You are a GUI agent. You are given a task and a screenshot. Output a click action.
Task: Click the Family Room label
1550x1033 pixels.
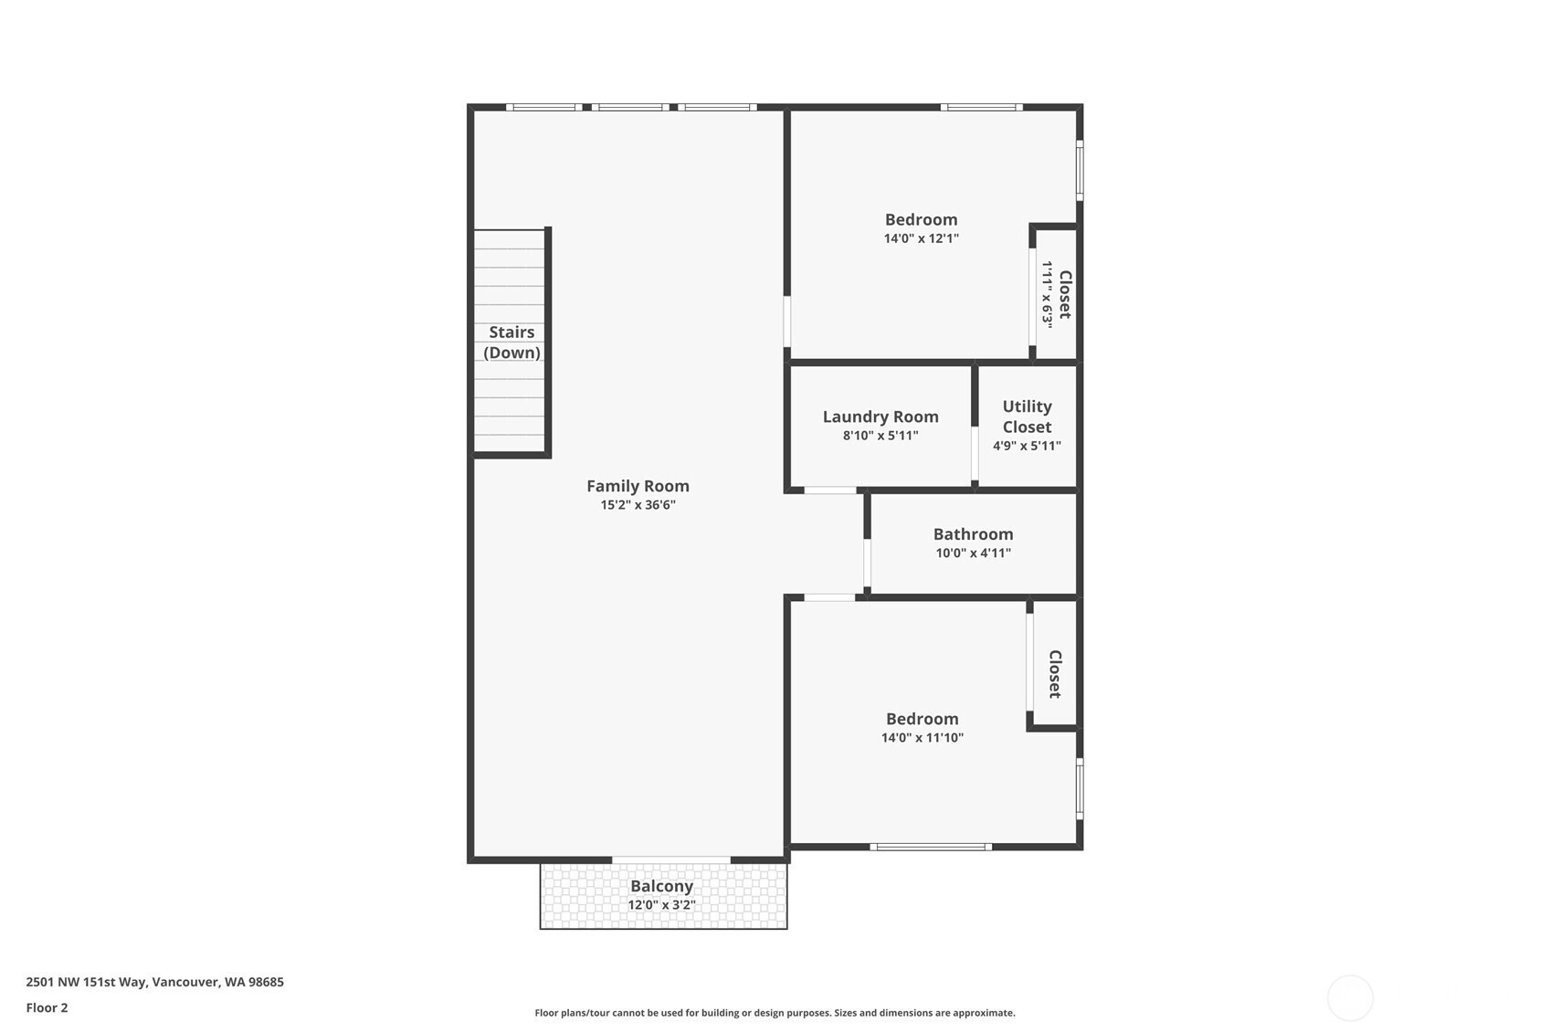click(638, 486)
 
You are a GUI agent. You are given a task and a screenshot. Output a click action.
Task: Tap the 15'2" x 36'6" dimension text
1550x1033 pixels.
click(638, 504)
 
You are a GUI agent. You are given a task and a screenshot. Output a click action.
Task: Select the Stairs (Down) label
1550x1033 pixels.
click(511, 342)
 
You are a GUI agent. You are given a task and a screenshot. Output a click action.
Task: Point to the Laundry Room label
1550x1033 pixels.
click(880, 416)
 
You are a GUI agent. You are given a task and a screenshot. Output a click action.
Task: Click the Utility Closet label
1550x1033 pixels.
click(1027, 416)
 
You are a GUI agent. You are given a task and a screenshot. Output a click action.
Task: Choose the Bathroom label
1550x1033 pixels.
click(973, 533)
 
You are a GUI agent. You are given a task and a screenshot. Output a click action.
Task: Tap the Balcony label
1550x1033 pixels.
click(661, 886)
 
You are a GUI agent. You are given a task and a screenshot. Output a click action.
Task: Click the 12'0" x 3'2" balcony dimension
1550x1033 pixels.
click(661, 905)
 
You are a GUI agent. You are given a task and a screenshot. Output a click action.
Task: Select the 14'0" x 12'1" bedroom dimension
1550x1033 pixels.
click(921, 238)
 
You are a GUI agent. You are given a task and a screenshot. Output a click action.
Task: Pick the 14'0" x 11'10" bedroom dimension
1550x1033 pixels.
click(922, 738)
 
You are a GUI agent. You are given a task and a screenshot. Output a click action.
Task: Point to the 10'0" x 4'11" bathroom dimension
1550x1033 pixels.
click(973, 553)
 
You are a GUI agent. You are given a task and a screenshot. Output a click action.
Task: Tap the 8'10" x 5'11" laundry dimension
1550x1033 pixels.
click(880, 435)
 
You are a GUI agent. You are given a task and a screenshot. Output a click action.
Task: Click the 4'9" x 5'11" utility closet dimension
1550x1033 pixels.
click(1027, 446)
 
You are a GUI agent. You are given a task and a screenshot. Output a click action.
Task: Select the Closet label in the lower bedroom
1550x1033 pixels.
click(1055, 674)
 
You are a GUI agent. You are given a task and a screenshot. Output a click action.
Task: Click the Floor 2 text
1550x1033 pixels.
click(47, 1007)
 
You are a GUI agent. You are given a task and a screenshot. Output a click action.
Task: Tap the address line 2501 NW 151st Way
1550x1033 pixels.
click(155, 982)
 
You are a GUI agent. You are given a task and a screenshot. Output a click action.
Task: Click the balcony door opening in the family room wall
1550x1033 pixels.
click(671, 860)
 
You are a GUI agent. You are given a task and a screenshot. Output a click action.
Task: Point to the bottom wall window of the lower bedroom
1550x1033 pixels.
click(931, 847)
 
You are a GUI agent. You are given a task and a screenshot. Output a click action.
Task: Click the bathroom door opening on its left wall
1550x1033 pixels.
click(867, 564)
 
